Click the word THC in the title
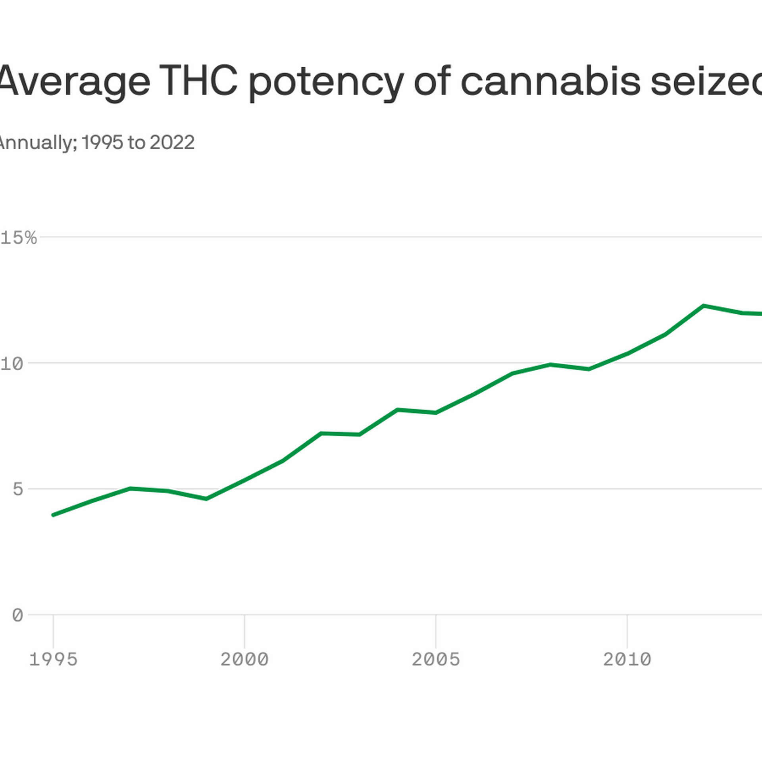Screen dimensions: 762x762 [198, 81]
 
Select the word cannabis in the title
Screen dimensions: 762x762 [550, 81]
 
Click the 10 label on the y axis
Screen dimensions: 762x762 [12, 364]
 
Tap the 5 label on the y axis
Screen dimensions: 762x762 [18, 489]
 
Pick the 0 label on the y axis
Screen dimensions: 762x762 [17, 616]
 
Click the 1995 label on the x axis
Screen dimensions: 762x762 [53, 660]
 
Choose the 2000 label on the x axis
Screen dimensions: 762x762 [244, 660]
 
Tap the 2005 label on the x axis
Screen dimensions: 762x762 [436, 660]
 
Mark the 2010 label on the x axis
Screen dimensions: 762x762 [627, 660]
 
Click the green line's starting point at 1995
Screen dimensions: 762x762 [54, 515]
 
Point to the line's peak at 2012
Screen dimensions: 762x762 [703, 306]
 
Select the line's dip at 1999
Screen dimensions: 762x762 [206, 499]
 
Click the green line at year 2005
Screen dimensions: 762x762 [436, 413]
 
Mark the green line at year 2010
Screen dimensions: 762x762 [627, 353]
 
